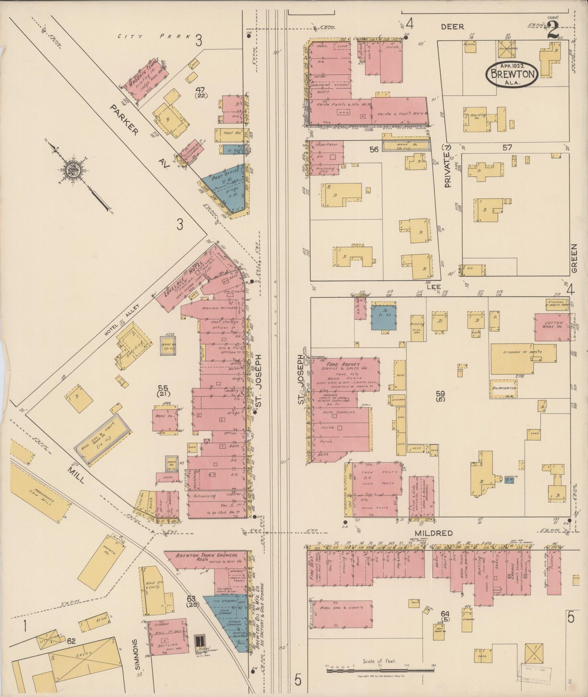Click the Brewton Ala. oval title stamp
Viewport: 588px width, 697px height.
512,74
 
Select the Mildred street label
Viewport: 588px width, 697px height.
434,533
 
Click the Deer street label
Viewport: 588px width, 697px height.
452,27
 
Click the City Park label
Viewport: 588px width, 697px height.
154,36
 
